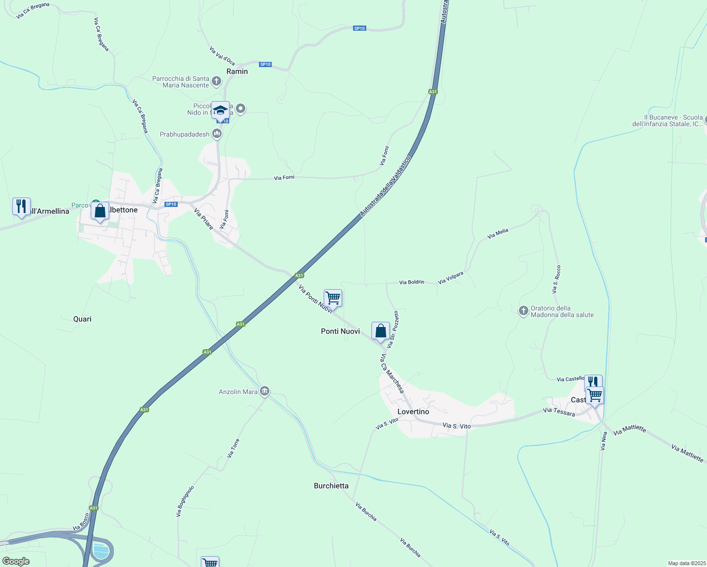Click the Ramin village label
(x=237, y=71)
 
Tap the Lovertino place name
(x=413, y=412)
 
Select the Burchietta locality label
(x=331, y=486)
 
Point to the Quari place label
(x=82, y=319)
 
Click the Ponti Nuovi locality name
(x=340, y=331)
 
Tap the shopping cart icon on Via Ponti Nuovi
(x=333, y=298)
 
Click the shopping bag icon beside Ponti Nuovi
(x=380, y=331)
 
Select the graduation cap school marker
(x=220, y=111)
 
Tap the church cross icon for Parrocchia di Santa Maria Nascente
(x=216, y=81)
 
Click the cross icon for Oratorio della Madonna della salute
(x=523, y=311)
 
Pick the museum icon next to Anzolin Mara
(x=265, y=391)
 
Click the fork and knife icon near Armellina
(x=21, y=206)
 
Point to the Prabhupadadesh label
(x=184, y=134)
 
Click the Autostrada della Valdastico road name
(x=385, y=186)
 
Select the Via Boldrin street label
(x=412, y=282)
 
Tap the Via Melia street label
(x=498, y=233)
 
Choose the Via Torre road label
(x=233, y=448)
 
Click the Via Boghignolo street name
(x=185, y=501)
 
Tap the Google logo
(x=16, y=561)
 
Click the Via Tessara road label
(x=559, y=412)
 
